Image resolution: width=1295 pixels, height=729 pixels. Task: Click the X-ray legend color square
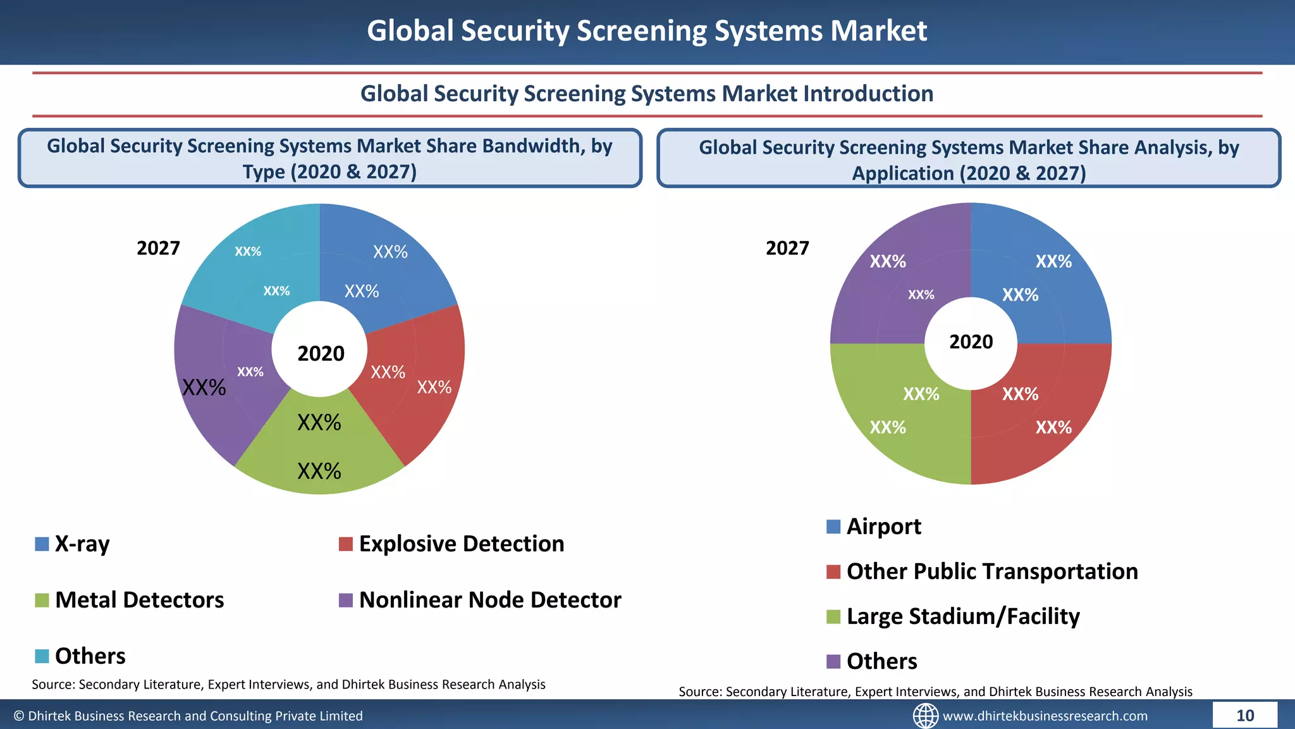point(42,544)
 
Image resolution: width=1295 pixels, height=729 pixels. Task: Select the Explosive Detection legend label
point(461,544)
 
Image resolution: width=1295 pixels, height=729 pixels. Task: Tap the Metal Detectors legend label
point(139,600)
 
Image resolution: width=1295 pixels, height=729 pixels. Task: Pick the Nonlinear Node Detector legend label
point(489,600)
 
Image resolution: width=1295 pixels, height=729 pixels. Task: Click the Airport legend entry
point(883,526)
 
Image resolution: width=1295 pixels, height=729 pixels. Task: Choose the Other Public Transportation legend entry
point(991,571)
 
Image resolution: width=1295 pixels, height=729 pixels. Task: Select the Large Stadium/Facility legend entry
point(962,616)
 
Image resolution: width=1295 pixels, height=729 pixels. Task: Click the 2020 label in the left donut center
point(321,353)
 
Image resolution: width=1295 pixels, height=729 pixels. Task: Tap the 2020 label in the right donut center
point(971,342)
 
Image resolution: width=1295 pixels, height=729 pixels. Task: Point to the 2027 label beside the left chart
point(158,248)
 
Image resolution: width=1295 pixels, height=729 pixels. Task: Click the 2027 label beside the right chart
point(787,248)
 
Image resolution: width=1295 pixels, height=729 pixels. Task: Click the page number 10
point(1244,716)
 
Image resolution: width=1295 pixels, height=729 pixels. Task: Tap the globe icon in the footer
point(925,716)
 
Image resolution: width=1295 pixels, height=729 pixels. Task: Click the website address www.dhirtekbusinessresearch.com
point(1045,716)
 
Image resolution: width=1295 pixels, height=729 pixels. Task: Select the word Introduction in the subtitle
point(868,94)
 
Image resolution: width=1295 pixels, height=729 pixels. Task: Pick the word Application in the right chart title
point(902,173)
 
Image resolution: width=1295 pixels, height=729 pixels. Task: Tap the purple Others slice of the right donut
point(885,278)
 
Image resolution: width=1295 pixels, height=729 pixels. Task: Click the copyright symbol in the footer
point(19,716)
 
